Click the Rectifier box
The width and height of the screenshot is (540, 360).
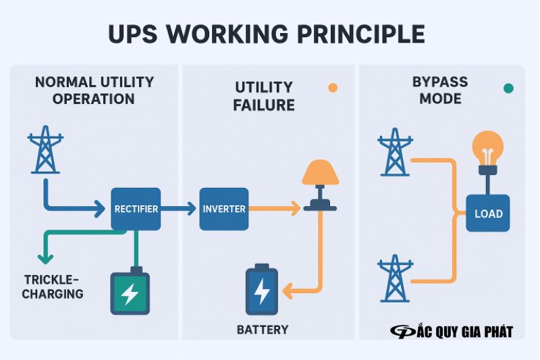[x=136, y=209]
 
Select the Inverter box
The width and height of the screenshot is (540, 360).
[x=224, y=209]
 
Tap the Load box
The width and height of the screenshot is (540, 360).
[x=488, y=213]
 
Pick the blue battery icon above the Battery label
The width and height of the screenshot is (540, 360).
[x=261, y=290]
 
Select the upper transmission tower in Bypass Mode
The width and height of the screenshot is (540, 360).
[x=394, y=153]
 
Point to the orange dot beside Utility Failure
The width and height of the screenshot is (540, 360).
[x=332, y=88]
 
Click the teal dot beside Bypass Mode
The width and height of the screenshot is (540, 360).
[x=508, y=88]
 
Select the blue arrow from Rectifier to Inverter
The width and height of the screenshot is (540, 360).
[x=179, y=209]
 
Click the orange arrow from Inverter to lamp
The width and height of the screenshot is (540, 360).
[x=273, y=209]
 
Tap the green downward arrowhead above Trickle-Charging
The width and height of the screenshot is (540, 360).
[x=45, y=258]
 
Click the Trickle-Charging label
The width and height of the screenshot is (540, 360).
[x=53, y=286]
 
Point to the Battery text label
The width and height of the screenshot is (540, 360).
[x=263, y=330]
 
